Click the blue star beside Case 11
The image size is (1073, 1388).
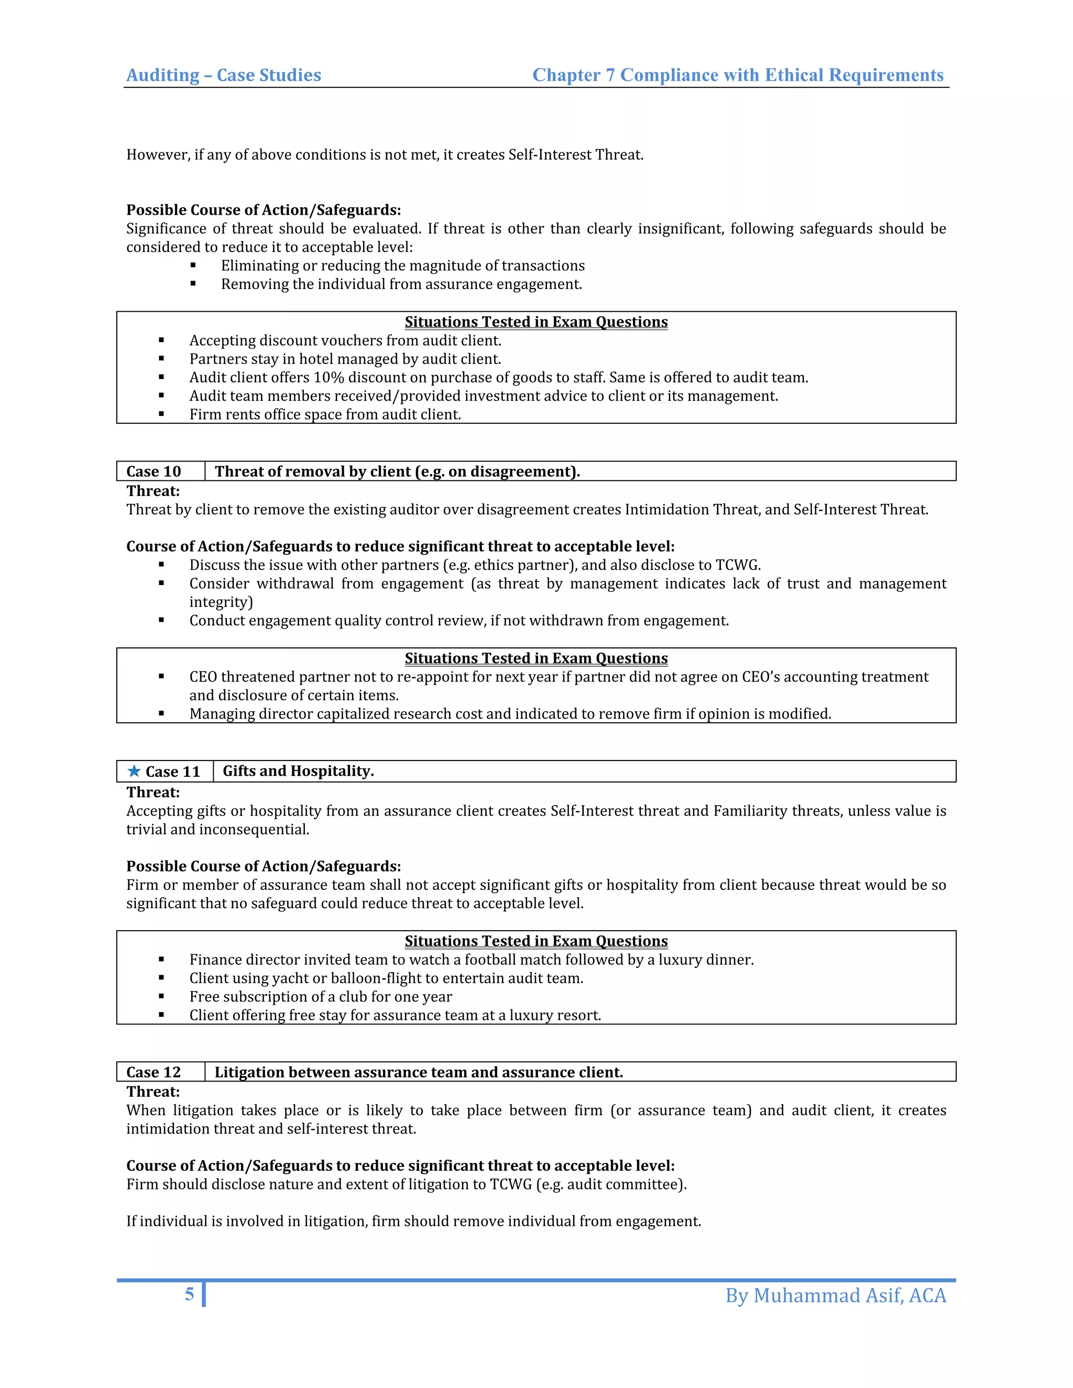[134, 771]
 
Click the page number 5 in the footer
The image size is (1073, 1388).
[190, 1294]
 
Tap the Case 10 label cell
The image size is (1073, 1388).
[154, 471]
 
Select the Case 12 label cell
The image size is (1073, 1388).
[154, 1072]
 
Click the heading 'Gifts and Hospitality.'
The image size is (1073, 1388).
[298, 771]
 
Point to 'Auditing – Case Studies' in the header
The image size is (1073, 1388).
[224, 75]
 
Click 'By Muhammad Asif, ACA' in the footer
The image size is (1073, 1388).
[835, 1295]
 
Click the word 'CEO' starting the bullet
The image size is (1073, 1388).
[203, 677]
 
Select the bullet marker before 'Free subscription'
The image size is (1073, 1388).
[161, 997]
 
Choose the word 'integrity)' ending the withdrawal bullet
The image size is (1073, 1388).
[221, 602]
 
